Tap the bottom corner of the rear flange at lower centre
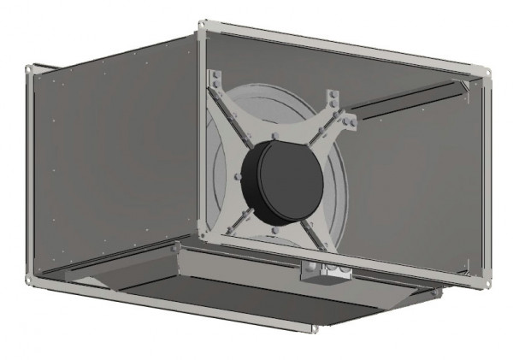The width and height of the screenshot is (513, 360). pos(315,328)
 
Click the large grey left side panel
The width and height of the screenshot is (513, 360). pos(111,162)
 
